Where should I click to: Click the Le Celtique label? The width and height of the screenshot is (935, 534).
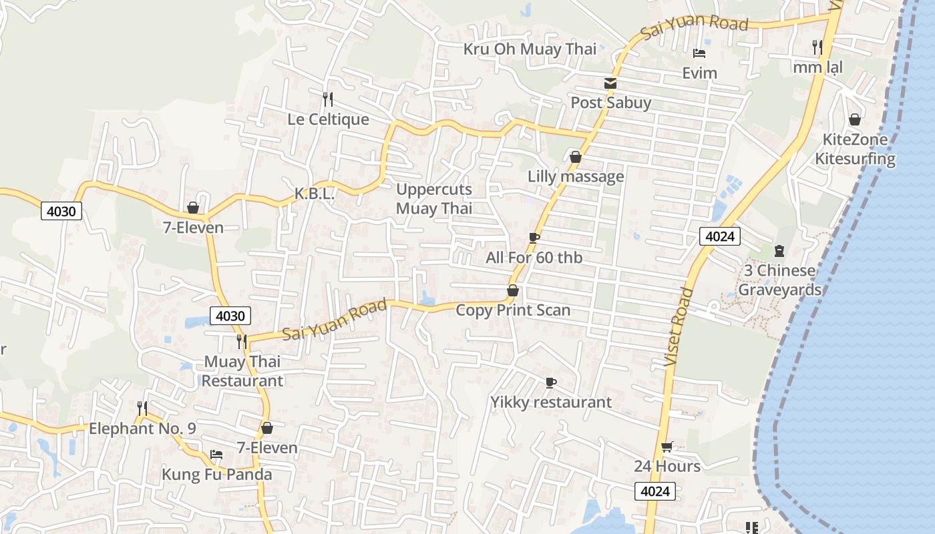pos(328,119)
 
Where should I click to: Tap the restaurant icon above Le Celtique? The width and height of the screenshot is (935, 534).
pos(328,100)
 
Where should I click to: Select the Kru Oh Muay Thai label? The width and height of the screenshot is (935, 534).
pos(530,49)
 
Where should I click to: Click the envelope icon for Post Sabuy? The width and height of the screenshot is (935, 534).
pos(610,83)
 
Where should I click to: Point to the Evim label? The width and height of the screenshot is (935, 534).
pos(699,73)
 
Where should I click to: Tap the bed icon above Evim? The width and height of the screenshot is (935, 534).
pos(699,53)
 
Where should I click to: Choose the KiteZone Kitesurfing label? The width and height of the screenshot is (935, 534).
pos(855,149)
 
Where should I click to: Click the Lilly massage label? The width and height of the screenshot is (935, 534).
pos(576,177)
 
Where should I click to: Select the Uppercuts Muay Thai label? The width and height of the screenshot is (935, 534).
pos(434,199)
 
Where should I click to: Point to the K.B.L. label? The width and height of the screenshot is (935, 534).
pos(315,194)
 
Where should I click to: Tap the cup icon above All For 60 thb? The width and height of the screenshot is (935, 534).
pos(534,238)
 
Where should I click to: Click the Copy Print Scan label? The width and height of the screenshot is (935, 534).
pos(513,310)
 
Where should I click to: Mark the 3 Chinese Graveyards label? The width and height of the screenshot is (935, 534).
pos(779,280)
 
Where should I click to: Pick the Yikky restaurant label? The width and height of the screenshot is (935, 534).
pos(551,403)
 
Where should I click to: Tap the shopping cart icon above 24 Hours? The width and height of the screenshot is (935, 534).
pos(667,447)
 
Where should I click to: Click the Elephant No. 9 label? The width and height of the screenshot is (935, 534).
pos(142,429)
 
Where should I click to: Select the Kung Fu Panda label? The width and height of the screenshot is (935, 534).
pos(217,475)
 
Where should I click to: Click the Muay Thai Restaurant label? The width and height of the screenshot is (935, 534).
pos(242,371)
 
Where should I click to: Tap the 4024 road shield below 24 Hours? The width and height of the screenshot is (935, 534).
pos(654,492)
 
